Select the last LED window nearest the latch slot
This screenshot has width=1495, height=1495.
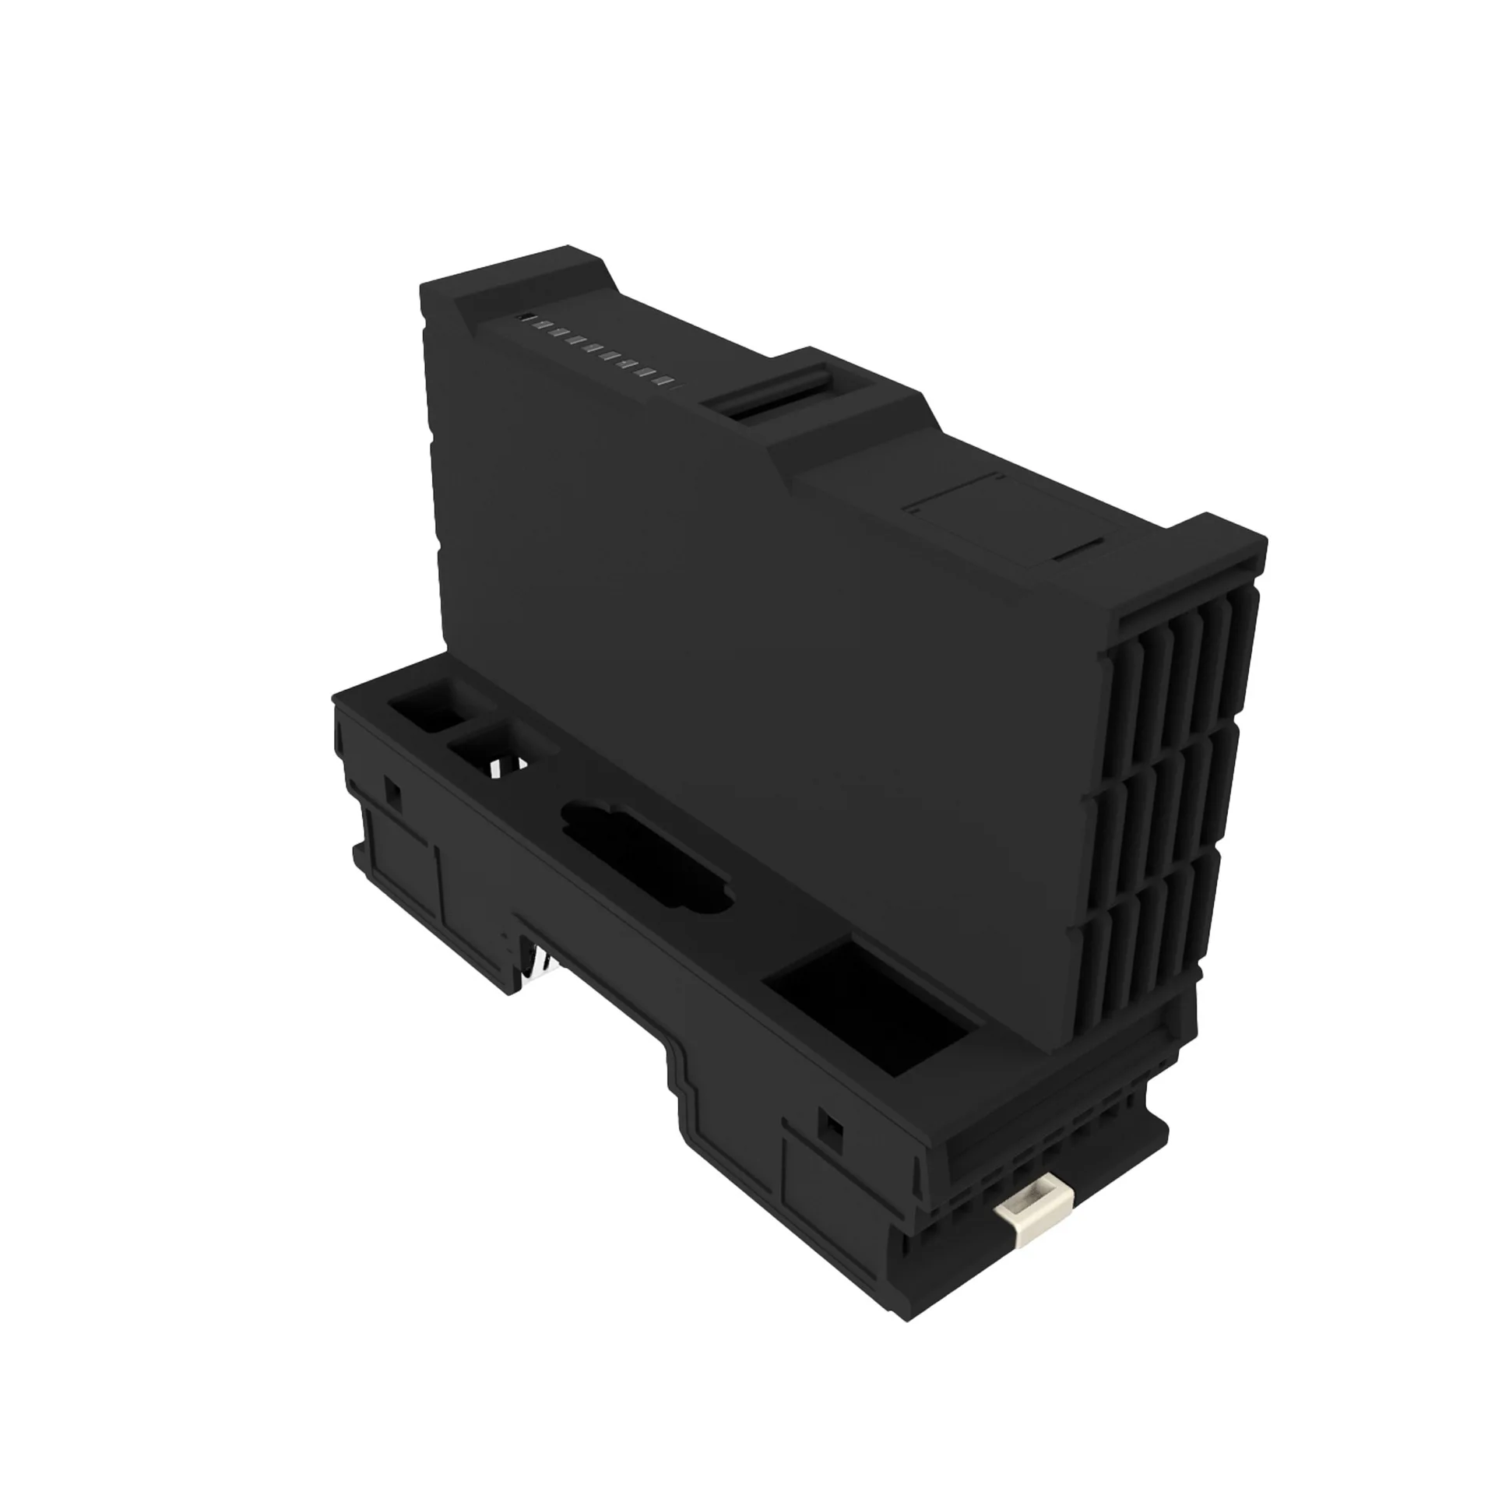click(x=664, y=382)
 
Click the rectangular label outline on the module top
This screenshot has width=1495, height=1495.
click(x=1004, y=522)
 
